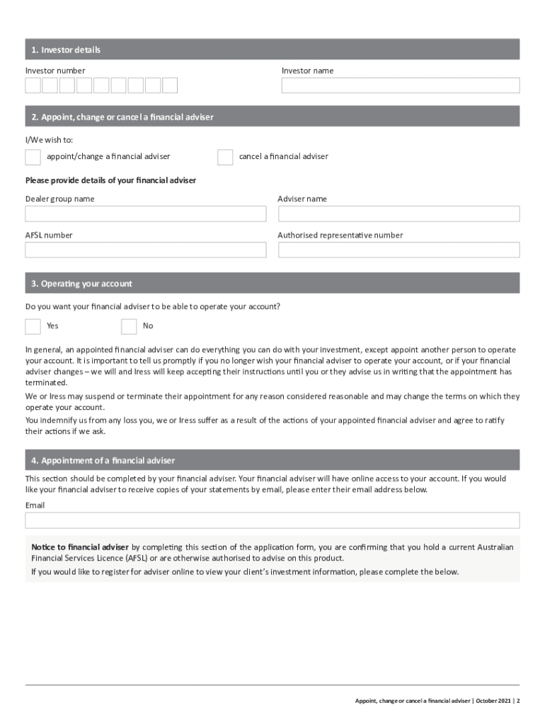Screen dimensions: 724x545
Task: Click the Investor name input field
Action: point(400,86)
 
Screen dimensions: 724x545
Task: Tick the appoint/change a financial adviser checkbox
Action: point(33,157)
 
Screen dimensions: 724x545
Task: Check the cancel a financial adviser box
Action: point(225,157)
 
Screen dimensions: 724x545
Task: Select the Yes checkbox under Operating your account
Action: point(33,326)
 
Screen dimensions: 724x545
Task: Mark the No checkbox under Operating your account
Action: point(129,326)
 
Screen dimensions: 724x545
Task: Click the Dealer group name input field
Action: point(146,214)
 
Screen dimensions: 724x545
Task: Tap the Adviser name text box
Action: point(398,214)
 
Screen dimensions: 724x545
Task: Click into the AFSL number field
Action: point(146,250)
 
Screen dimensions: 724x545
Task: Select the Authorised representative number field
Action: point(398,250)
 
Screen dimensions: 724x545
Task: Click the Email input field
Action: point(272,520)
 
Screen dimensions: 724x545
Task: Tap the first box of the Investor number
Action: point(33,86)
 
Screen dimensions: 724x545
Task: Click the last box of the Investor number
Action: point(170,86)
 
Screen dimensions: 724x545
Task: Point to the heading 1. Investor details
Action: point(66,49)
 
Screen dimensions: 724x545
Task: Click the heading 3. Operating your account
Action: point(81,284)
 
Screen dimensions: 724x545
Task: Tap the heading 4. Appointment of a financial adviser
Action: point(103,460)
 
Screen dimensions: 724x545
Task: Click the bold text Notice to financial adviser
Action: point(80,547)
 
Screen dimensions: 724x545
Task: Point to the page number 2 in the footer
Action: point(518,701)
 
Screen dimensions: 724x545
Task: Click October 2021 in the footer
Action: point(494,701)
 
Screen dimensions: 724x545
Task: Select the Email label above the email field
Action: point(35,506)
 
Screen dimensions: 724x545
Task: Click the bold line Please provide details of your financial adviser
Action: point(110,180)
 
